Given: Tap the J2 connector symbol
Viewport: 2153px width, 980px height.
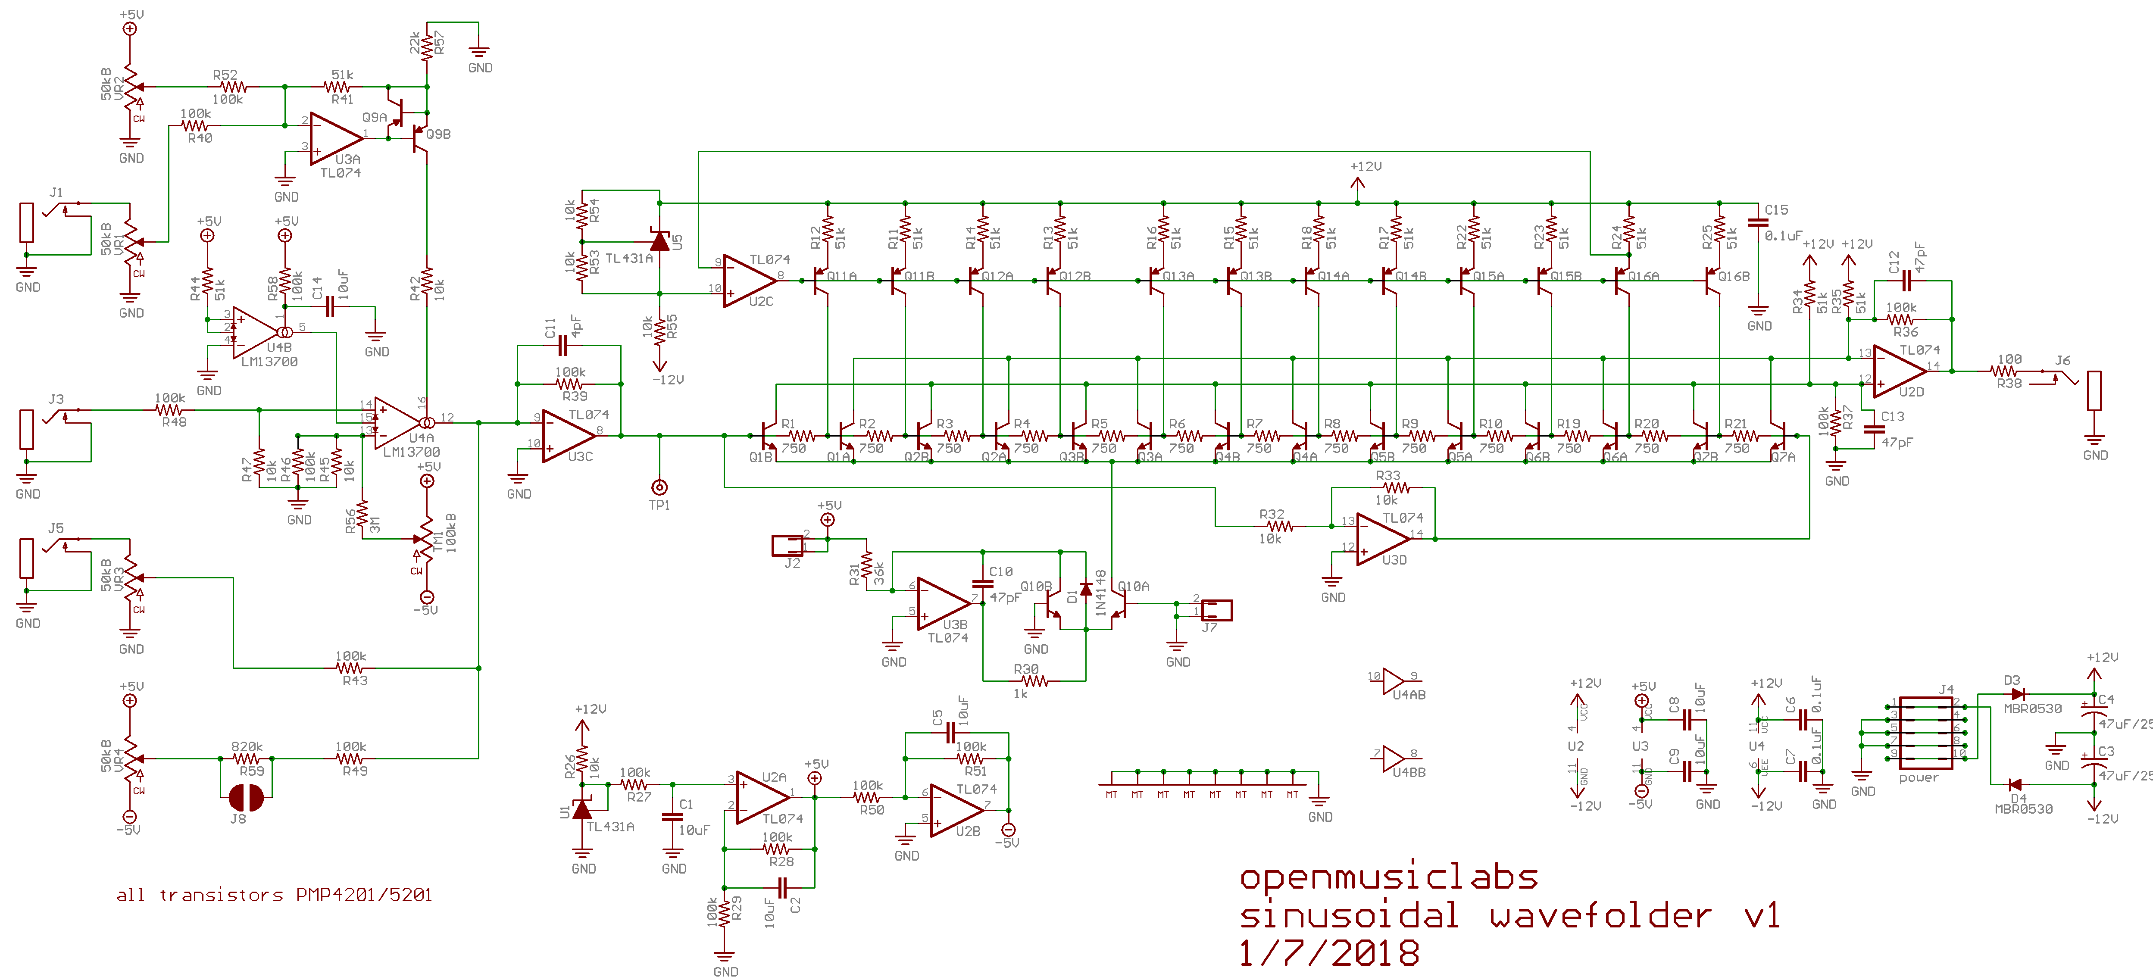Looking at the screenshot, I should point(787,546).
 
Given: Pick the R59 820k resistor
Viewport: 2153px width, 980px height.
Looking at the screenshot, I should point(247,758).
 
